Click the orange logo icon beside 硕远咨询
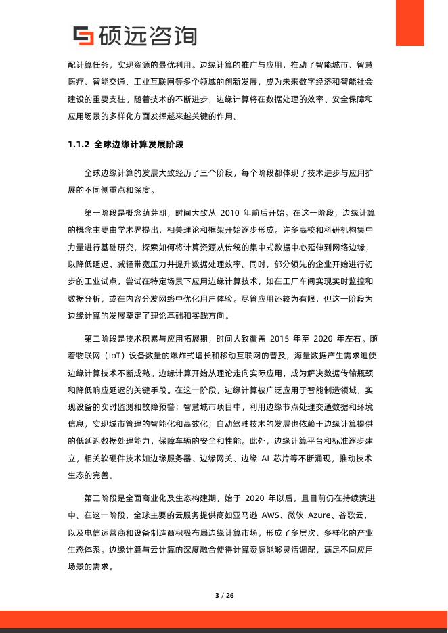[x=83, y=36]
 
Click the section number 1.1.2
[x=78, y=145]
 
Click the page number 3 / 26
[x=224, y=595]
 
